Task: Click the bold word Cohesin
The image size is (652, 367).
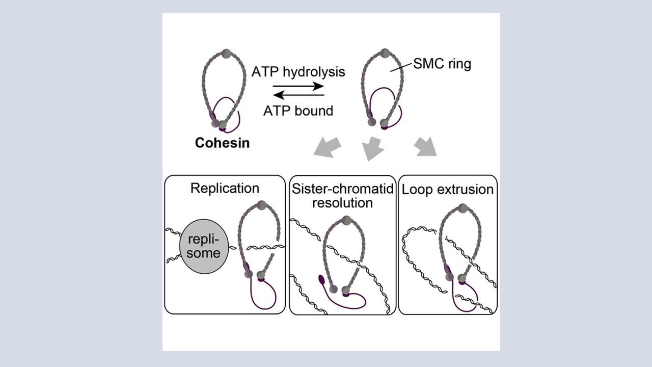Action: (x=222, y=143)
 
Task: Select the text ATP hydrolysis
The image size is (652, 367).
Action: (x=298, y=72)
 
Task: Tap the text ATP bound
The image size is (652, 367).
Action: (x=298, y=111)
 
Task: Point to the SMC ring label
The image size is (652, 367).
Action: (x=442, y=65)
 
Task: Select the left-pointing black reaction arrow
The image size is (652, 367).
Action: (x=298, y=94)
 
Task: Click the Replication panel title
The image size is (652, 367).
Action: (x=225, y=188)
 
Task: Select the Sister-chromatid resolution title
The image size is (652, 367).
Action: (x=343, y=196)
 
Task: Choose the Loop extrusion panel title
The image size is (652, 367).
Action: (x=448, y=190)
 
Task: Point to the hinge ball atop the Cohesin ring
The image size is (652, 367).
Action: (x=226, y=54)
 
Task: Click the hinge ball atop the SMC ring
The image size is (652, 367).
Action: (x=386, y=53)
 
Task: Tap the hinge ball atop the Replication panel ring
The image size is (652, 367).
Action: (x=262, y=205)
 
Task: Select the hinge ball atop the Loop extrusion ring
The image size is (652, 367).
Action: (x=463, y=208)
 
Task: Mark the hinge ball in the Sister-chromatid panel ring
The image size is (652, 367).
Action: (x=347, y=220)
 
